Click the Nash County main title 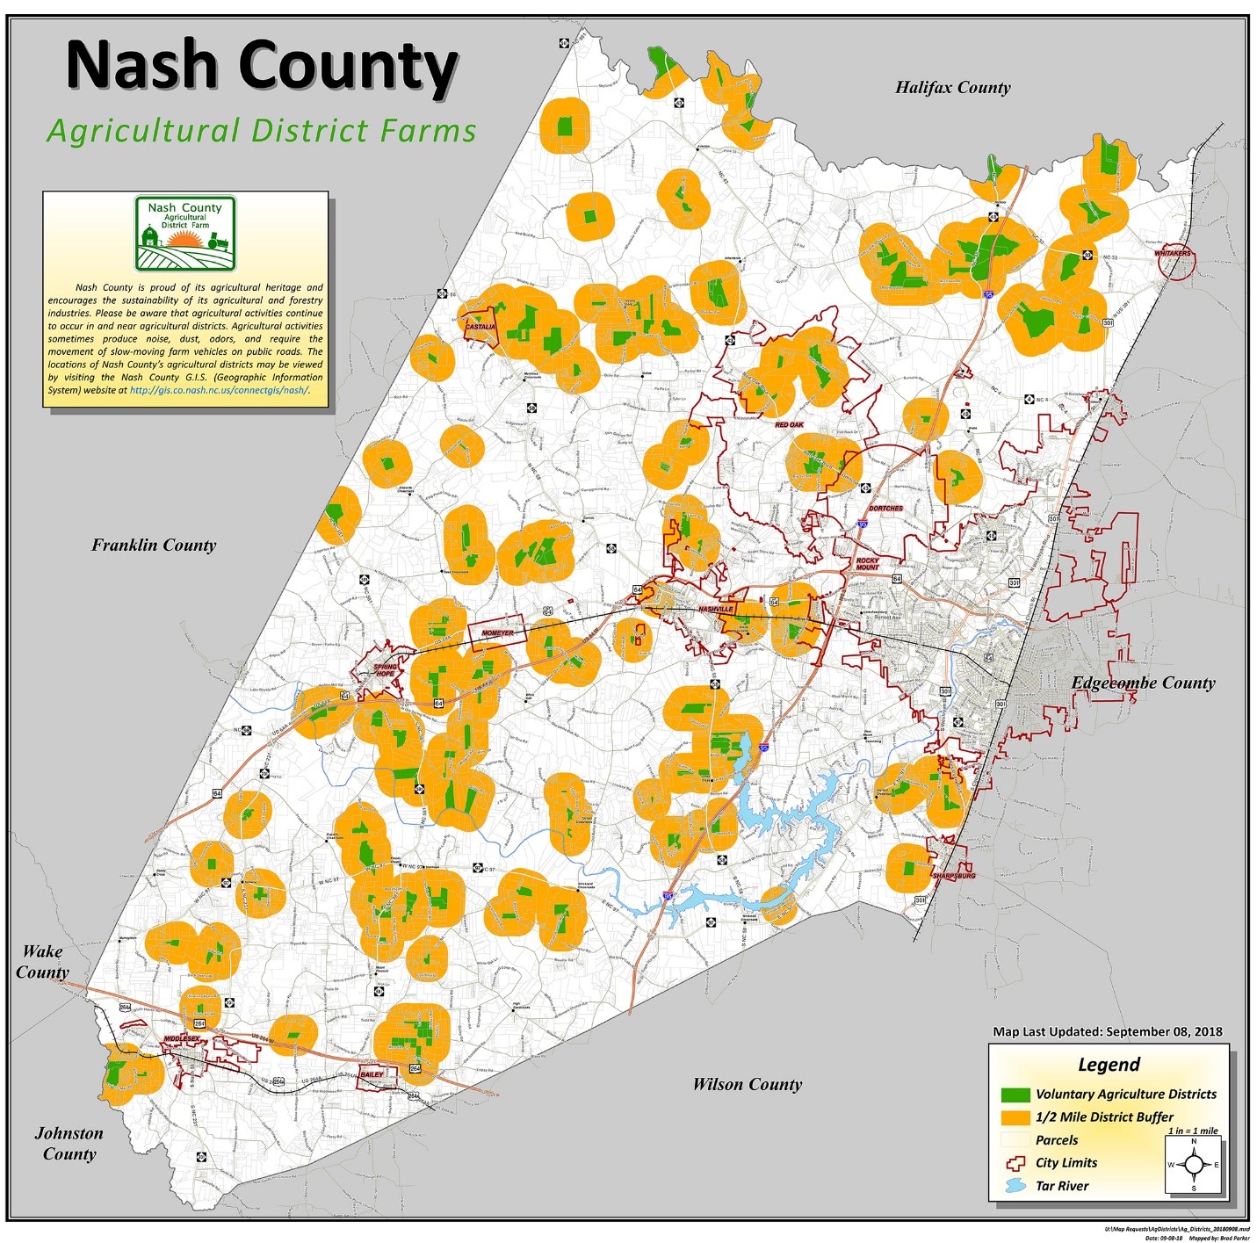[262, 65]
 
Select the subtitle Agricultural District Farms [262, 131]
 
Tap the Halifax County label [952, 87]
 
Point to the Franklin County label [154, 545]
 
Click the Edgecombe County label [1143, 683]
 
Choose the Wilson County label [747, 1084]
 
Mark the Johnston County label [69, 1144]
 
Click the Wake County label [42, 962]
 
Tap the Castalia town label [480, 327]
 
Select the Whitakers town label [1173, 253]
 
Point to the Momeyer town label [497, 632]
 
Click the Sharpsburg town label [954, 876]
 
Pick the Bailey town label [372, 1074]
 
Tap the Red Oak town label [789, 424]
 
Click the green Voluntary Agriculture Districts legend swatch [1015, 1095]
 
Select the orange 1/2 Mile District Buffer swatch [1015, 1117]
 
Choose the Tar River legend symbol [1015, 1186]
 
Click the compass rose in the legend [1193, 1166]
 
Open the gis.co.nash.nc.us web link [220, 390]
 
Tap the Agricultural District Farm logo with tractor [185, 234]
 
